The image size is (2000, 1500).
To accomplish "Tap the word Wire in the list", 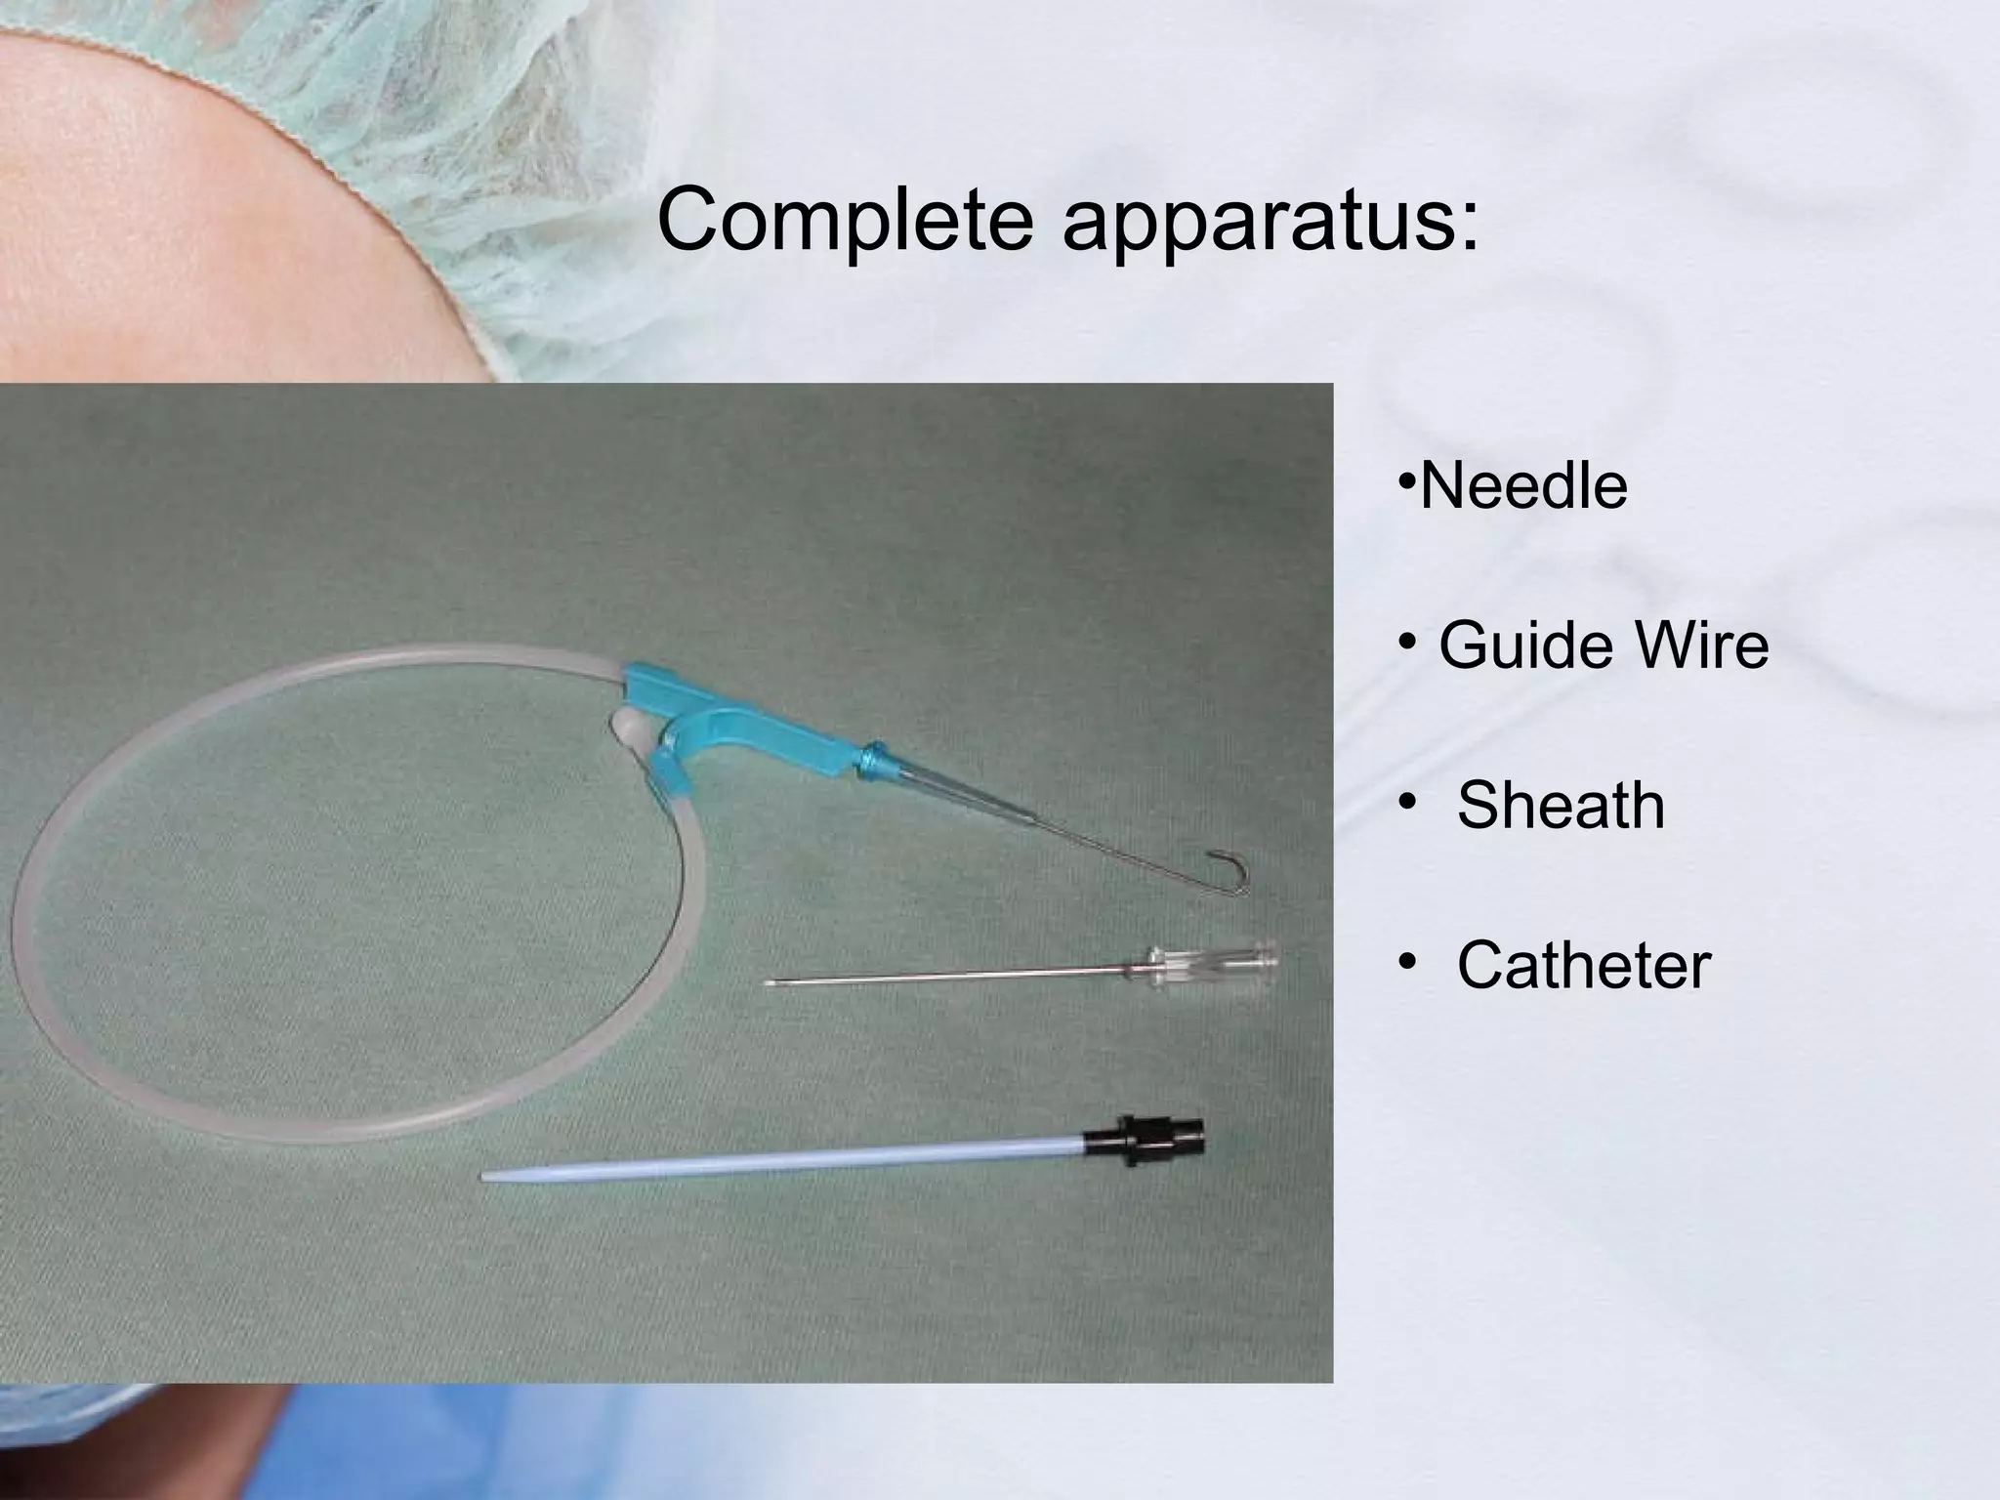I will pos(1703,646).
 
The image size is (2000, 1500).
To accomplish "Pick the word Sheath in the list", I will pos(1561,806).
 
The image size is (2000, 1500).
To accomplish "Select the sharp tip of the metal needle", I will pos(770,983).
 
